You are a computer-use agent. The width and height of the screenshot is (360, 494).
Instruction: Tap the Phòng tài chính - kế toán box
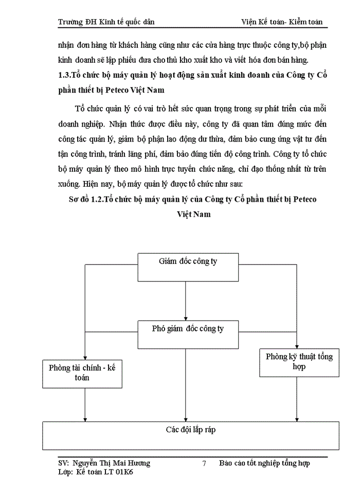(x=83, y=373)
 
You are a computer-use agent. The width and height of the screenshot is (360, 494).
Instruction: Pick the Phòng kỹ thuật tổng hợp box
(x=299, y=362)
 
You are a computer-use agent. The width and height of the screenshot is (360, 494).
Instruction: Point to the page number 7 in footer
(x=204, y=463)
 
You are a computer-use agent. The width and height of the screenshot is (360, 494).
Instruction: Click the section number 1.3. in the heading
(x=66, y=75)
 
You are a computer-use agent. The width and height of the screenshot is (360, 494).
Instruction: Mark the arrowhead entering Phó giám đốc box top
(x=186, y=316)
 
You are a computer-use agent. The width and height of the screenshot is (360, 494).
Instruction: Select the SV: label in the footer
(x=66, y=463)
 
